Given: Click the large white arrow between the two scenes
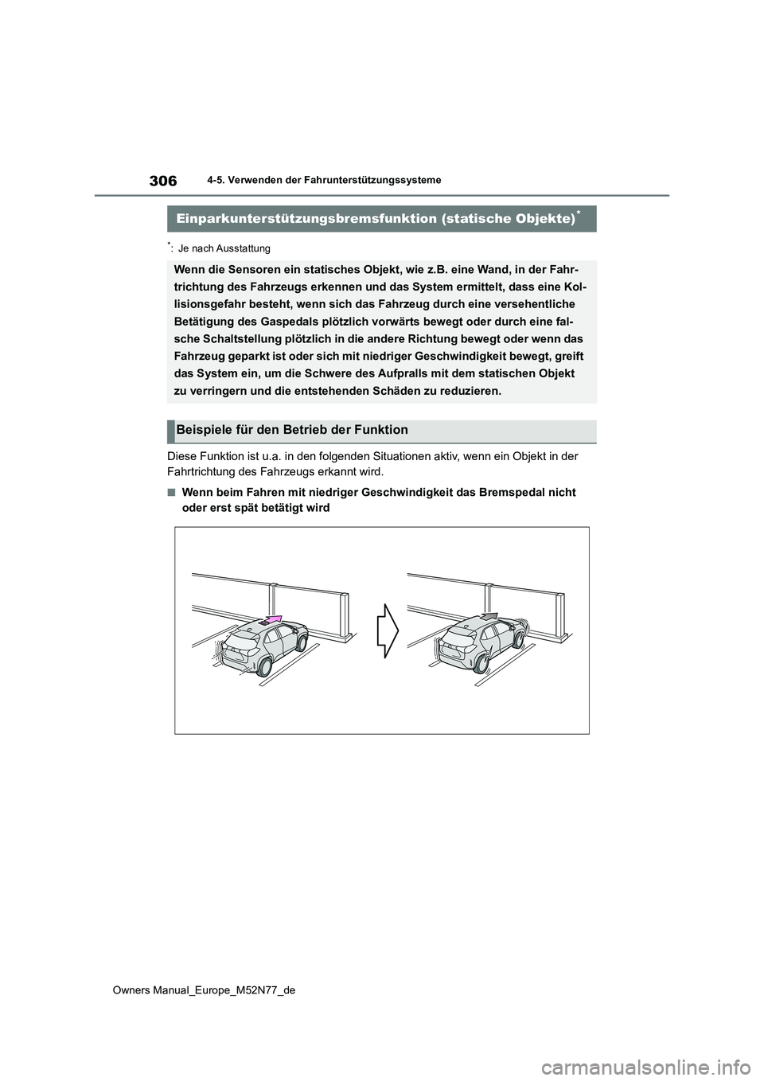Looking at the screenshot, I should coord(387,630).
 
